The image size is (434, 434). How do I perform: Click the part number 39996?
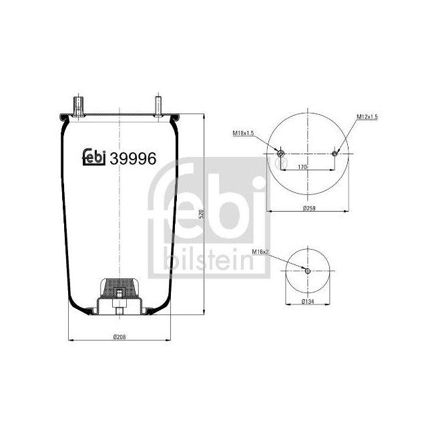tap(133, 158)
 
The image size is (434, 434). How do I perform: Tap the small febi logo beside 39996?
tap(93, 158)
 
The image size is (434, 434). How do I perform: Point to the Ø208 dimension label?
tap(120, 336)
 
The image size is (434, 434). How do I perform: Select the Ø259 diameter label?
tap(308, 208)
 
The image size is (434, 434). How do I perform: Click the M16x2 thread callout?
tap(260, 252)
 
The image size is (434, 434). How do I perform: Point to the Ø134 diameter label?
tap(308, 302)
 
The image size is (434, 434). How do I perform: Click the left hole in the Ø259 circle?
tap(280, 155)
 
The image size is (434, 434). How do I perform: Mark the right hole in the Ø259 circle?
tap(335, 155)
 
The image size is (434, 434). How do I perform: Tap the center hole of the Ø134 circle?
tap(307, 270)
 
